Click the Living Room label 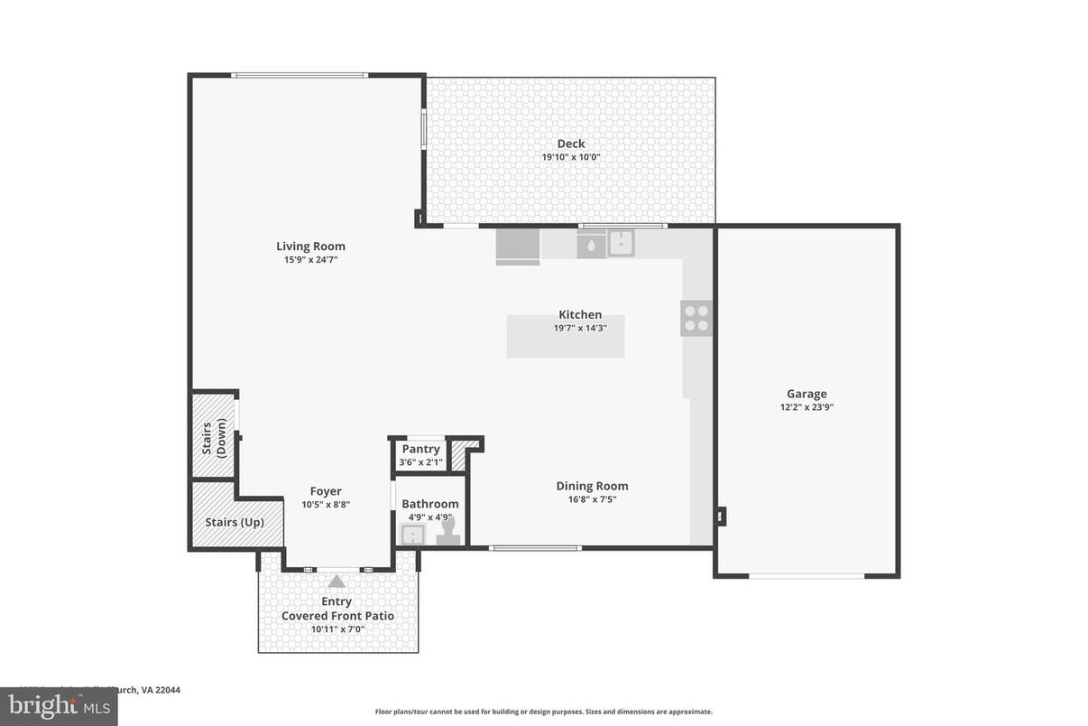coord(310,247)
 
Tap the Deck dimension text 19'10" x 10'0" coord(570,157)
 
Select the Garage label coord(806,394)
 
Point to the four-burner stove coord(696,318)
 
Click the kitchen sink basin coord(621,243)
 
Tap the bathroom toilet coord(448,533)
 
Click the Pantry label coord(420,450)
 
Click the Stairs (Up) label coord(235,522)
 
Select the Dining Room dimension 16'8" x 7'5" coord(592,498)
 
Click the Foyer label coord(326,492)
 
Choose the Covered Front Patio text coord(337,616)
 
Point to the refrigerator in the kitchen coord(518,246)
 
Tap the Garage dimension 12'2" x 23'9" coord(806,406)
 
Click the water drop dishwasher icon coord(591,244)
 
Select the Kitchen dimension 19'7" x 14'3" coord(579,328)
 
